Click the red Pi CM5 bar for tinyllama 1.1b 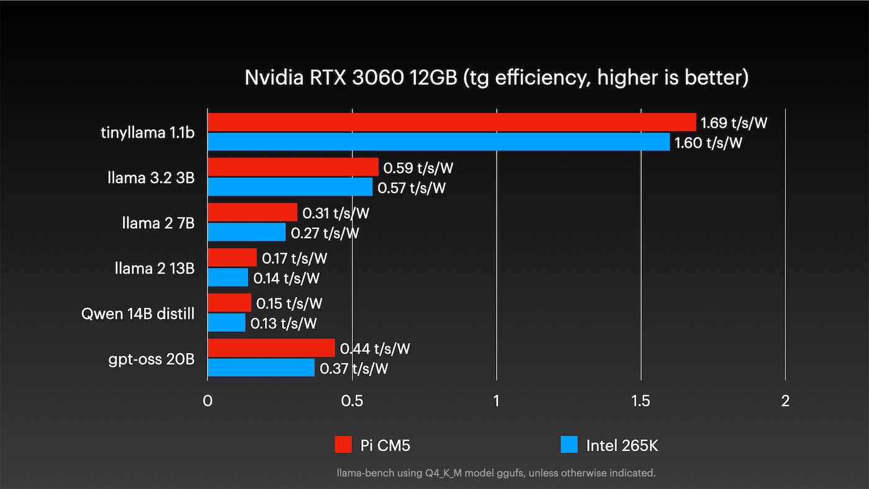pyautogui.click(x=452, y=122)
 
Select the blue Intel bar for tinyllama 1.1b pyautogui.click(x=439, y=142)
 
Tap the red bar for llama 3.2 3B pyautogui.click(x=293, y=168)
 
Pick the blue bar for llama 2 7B pyautogui.click(x=246, y=233)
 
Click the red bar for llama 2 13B pyautogui.click(x=232, y=258)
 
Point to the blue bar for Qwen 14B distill pyautogui.click(x=227, y=323)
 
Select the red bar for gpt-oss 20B pyautogui.click(x=271, y=348)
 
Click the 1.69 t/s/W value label pyautogui.click(x=734, y=123)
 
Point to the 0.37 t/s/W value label pyautogui.click(x=354, y=369)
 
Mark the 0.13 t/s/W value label pyautogui.click(x=284, y=323)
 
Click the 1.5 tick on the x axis pyautogui.click(x=641, y=401)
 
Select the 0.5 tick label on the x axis pyautogui.click(x=352, y=401)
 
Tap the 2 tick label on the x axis pyautogui.click(x=785, y=401)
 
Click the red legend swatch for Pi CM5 pyautogui.click(x=343, y=444)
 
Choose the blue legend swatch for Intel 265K pyautogui.click(x=569, y=444)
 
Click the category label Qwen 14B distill pyautogui.click(x=138, y=313)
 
